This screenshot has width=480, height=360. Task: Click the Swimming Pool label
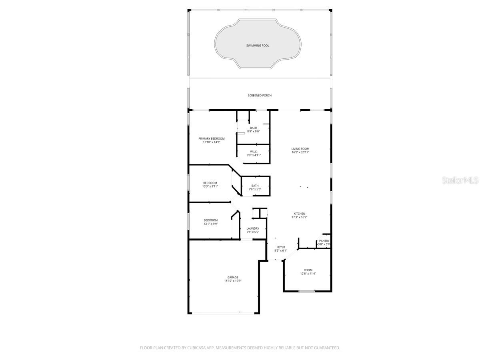(x=258, y=46)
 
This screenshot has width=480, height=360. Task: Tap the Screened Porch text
(x=260, y=96)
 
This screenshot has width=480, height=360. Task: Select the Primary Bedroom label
(x=212, y=138)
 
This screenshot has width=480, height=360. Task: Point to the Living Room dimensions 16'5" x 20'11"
(x=300, y=152)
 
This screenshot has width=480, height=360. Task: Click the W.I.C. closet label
(x=254, y=152)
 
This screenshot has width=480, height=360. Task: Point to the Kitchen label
(x=300, y=214)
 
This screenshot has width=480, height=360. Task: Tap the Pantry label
(x=324, y=241)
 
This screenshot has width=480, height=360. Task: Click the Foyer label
(x=281, y=247)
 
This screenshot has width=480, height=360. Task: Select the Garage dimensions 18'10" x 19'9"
(x=233, y=281)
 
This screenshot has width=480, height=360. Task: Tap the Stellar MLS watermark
(x=460, y=180)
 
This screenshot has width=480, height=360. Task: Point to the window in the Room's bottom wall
(x=307, y=291)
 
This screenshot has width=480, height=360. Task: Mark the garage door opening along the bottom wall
(x=223, y=313)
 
